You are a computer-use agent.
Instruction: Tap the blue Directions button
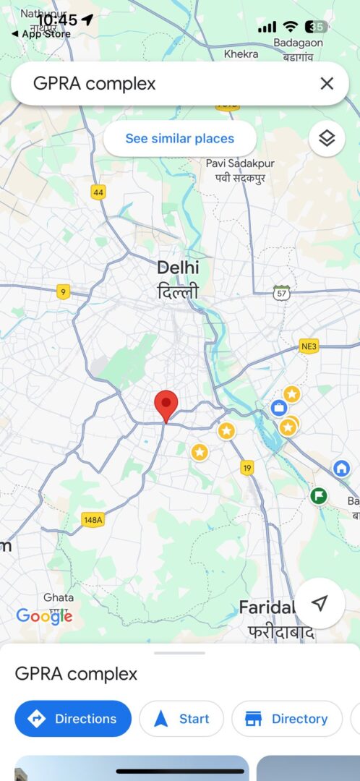73,719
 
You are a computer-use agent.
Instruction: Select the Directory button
287,719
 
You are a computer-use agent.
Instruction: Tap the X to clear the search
327,84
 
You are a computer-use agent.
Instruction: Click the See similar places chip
180,139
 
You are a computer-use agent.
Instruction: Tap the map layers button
327,139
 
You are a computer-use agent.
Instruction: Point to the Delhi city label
178,268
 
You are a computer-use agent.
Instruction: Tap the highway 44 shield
98,192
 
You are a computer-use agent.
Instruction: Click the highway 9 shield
64,292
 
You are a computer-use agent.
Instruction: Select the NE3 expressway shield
309,346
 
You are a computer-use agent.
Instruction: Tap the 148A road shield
93,520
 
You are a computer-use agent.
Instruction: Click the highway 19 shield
248,468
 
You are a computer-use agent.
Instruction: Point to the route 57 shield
281,292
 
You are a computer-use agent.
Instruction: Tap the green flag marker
318,496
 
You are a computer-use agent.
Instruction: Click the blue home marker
341,468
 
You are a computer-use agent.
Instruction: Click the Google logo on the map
44,616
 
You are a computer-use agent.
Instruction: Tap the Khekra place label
241,54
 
